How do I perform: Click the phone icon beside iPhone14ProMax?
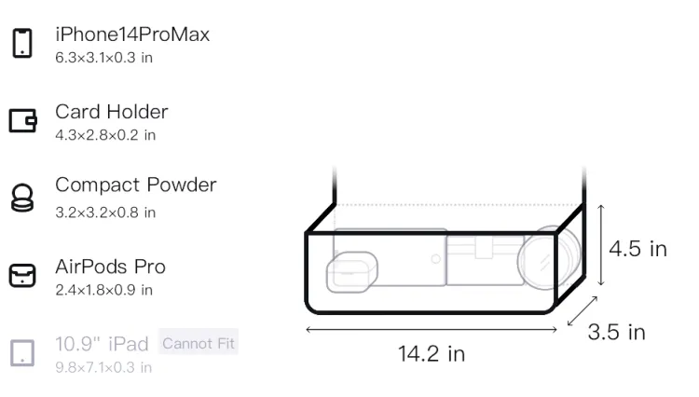pos(22,43)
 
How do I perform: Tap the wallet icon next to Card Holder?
pos(22,120)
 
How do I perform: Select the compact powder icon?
pos(22,198)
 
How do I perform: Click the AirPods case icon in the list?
pos(22,275)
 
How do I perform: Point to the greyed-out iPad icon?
pos(22,353)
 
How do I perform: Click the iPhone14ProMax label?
pos(132,34)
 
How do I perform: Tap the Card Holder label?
pos(112,112)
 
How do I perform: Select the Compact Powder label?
pos(136,185)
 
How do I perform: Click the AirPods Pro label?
pos(111,267)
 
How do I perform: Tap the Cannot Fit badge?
pos(199,343)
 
